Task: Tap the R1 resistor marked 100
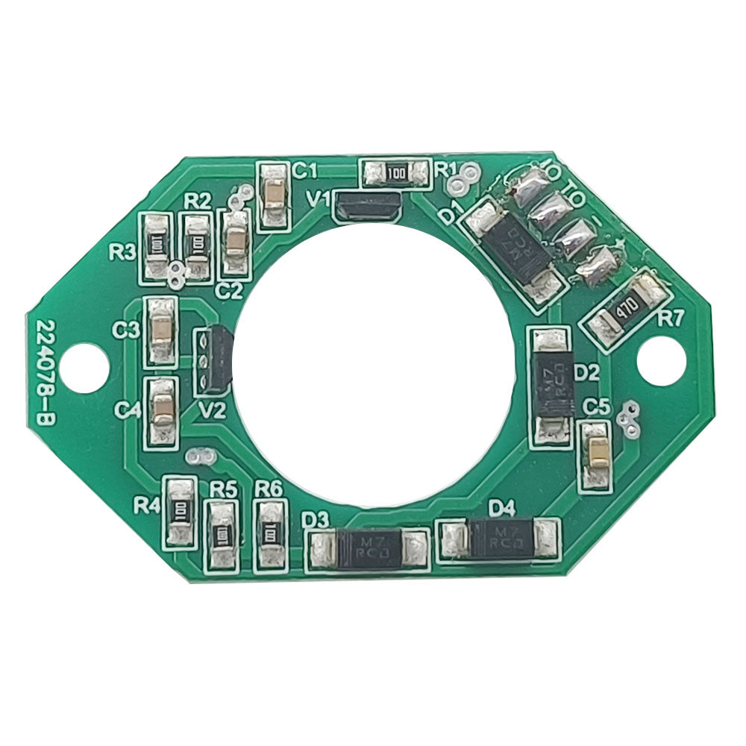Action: coord(396,173)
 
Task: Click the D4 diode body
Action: coord(501,539)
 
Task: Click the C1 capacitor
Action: coord(274,196)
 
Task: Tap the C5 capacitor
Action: coord(596,453)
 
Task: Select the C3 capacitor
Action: coord(160,330)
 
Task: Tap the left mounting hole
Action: coord(84,366)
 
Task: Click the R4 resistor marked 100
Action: coord(180,511)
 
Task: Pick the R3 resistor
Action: coord(157,244)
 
